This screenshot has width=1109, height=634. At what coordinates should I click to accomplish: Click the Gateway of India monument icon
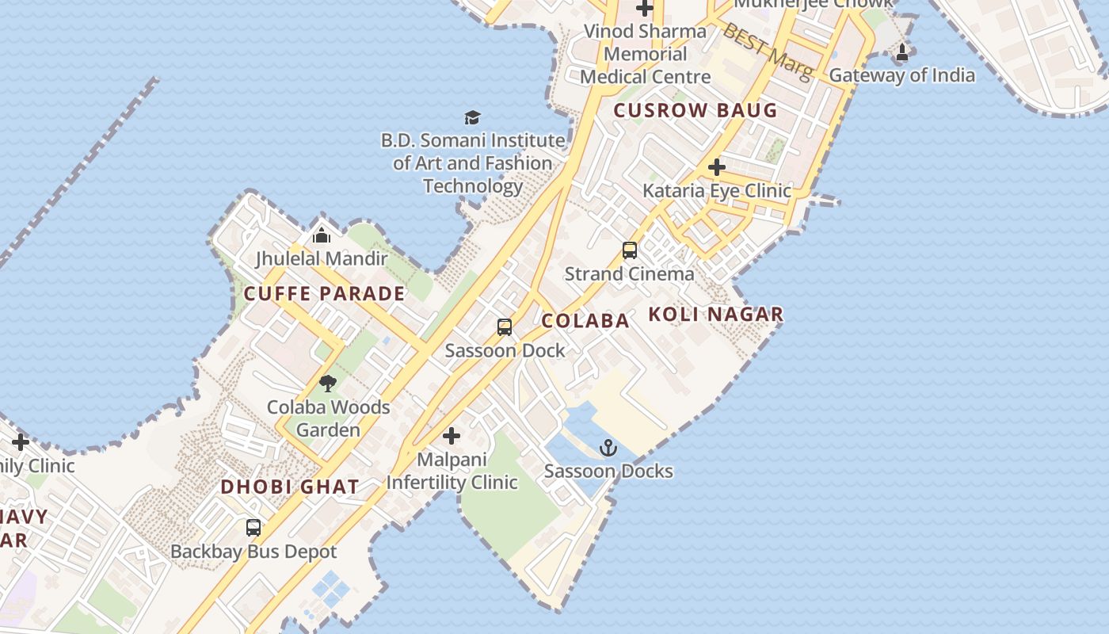pos(901,53)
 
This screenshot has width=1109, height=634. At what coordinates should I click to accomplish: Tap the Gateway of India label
pos(901,75)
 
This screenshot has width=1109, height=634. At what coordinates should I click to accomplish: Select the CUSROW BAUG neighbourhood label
pos(696,110)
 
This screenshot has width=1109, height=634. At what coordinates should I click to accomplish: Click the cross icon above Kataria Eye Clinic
pos(717,167)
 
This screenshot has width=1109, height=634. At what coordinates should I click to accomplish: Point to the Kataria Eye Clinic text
pos(716,190)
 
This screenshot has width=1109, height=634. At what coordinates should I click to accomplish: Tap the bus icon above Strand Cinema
pos(630,250)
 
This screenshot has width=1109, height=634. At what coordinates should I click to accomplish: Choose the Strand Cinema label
pos(629,273)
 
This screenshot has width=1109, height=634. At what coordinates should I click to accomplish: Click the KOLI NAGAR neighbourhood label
pos(715,314)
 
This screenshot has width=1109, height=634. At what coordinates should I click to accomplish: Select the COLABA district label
pos(585,320)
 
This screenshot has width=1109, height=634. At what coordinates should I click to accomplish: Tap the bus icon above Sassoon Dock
pos(505,327)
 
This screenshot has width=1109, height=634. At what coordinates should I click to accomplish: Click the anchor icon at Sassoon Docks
pos(608,448)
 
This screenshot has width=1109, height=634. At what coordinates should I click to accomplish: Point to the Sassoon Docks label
pos(608,471)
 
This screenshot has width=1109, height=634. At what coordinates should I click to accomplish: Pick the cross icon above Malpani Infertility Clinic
pos(452,436)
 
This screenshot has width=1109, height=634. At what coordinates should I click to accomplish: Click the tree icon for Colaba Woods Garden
pos(328,384)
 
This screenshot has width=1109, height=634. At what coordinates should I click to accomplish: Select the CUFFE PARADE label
pos(324,293)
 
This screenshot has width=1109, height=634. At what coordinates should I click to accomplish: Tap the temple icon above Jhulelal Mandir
pos(322,235)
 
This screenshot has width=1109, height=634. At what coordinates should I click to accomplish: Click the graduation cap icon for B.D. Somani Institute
pos(473,117)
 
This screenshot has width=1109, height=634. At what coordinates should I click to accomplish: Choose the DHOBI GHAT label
pos(290,487)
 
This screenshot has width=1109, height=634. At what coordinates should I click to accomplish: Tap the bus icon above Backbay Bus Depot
pos(253,528)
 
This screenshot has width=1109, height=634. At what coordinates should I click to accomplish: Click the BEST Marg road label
pos(768,51)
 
